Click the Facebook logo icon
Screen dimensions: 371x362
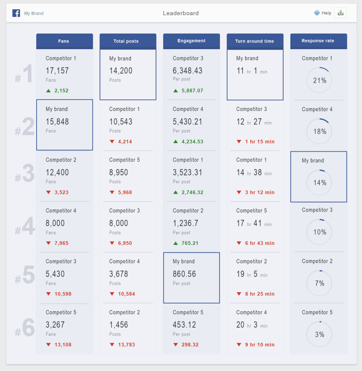click(x=16, y=13)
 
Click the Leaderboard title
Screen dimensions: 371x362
click(x=181, y=13)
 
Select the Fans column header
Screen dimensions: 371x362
click(x=64, y=41)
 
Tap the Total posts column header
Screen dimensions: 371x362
click(x=126, y=41)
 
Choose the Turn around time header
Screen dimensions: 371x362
click(x=255, y=41)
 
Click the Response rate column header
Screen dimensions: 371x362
click(x=318, y=41)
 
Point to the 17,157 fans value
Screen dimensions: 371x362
click(x=57, y=71)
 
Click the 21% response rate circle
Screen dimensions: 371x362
click(x=319, y=80)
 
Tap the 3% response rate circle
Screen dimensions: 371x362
click(x=319, y=334)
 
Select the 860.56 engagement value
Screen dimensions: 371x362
click(x=184, y=274)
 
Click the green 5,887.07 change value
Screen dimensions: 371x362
click(x=192, y=91)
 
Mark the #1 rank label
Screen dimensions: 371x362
click(x=25, y=74)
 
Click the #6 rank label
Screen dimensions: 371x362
click(x=25, y=328)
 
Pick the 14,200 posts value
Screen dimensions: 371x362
click(x=121, y=71)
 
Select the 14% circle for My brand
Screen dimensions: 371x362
click(x=319, y=183)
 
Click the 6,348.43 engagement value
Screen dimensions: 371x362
click(x=187, y=71)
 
